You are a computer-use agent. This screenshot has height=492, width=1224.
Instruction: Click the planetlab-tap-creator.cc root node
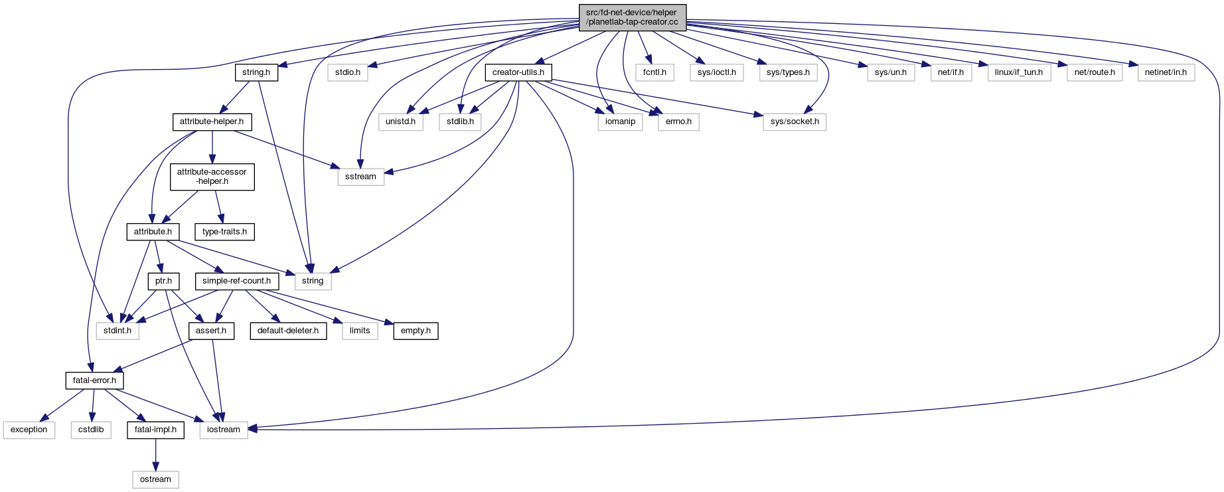(x=632, y=17)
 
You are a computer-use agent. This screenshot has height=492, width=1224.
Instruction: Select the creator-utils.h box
(x=518, y=72)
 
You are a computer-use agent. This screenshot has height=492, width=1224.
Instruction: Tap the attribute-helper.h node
(x=212, y=122)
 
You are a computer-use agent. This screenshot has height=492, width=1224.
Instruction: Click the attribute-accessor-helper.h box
(x=212, y=177)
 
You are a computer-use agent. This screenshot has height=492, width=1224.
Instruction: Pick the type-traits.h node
(x=224, y=232)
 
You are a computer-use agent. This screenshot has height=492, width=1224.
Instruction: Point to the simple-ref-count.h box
(x=236, y=281)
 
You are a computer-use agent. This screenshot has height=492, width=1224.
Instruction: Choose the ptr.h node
(x=163, y=281)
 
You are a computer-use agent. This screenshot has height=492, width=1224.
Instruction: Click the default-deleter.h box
(x=288, y=331)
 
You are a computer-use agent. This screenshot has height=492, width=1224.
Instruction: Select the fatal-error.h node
(x=94, y=380)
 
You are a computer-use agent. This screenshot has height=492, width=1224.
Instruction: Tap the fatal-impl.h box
(x=155, y=430)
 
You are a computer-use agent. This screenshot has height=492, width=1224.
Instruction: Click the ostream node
(x=155, y=479)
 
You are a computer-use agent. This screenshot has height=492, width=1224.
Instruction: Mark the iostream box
(x=224, y=430)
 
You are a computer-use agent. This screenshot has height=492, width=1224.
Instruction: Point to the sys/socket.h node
(x=795, y=122)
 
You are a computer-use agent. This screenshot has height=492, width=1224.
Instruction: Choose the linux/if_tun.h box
(x=1018, y=72)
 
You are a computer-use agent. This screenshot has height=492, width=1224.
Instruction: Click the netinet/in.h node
(x=1166, y=72)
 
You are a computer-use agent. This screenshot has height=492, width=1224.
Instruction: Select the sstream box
(x=360, y=177)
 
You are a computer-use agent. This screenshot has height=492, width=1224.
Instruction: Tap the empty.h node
(x=416, y=331)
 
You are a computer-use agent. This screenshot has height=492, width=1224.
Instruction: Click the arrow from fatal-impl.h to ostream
(x=155, y=455)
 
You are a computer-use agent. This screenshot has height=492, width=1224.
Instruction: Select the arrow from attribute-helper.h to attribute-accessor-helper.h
(x=212, y=146)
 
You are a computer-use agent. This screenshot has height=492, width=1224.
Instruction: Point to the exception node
(x=29, y=430)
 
